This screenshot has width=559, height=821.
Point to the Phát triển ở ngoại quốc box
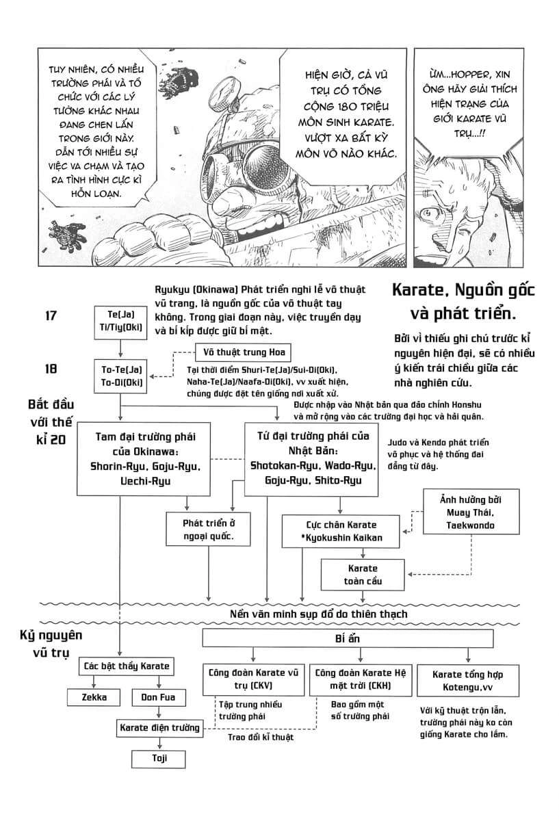208,530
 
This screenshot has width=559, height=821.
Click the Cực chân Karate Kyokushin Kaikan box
341,532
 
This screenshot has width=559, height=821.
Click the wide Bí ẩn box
348,638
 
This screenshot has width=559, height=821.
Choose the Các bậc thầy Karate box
126,666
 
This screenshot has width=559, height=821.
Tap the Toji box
159,758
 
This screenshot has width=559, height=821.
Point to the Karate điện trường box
159,727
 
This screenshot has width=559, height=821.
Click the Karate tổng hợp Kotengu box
462,679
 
